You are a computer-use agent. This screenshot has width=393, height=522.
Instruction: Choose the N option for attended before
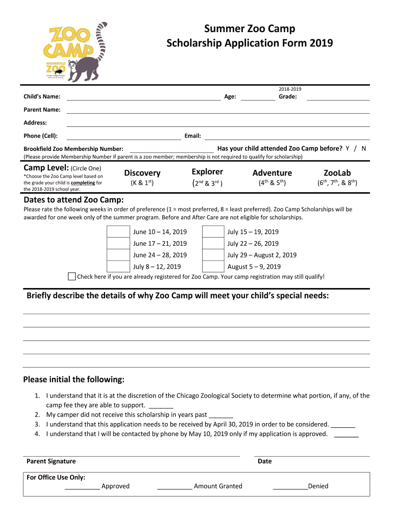coord(363,148)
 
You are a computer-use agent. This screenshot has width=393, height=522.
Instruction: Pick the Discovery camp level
coord(142,173)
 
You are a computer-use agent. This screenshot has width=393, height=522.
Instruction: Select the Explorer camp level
coord(207,172)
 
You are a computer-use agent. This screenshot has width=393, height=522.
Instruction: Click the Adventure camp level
coord(272,173)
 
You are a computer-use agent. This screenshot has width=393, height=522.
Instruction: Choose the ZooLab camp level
coord(337,173)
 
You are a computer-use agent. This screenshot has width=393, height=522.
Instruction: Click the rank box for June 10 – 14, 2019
coord(118,232)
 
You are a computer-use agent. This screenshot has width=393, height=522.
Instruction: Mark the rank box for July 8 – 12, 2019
coord(118,266)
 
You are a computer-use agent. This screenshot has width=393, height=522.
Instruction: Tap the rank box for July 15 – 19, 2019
coord(213,232)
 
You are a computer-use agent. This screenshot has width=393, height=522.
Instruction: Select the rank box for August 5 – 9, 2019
coord(213,266)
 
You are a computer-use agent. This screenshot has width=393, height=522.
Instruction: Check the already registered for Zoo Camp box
coord(72,277)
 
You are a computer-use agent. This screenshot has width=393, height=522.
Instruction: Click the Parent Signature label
coord(51,461)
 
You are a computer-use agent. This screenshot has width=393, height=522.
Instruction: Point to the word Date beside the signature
coord(265,461)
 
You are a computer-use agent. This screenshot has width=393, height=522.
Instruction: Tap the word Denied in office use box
coord(318,486)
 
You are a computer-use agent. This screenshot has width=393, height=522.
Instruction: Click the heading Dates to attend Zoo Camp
coord(73,199)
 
